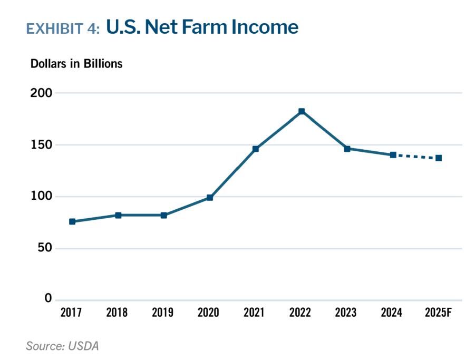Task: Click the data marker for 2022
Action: [302, 111]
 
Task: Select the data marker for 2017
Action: [72, 221]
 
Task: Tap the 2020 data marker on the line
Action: [210, 198]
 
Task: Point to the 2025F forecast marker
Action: [439, 158]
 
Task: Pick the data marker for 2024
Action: [393, 155]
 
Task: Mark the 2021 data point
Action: [256, 149]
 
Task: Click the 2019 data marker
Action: [164, 215]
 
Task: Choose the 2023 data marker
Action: [347, 149]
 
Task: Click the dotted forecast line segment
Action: [416, 157]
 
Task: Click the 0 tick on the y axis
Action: [48, 298]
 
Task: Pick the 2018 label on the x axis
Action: [117, 313]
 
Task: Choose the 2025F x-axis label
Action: [438, 313]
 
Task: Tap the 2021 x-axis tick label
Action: [254, 313]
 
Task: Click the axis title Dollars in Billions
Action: [76, 64]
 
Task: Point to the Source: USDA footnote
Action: [62, 346]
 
